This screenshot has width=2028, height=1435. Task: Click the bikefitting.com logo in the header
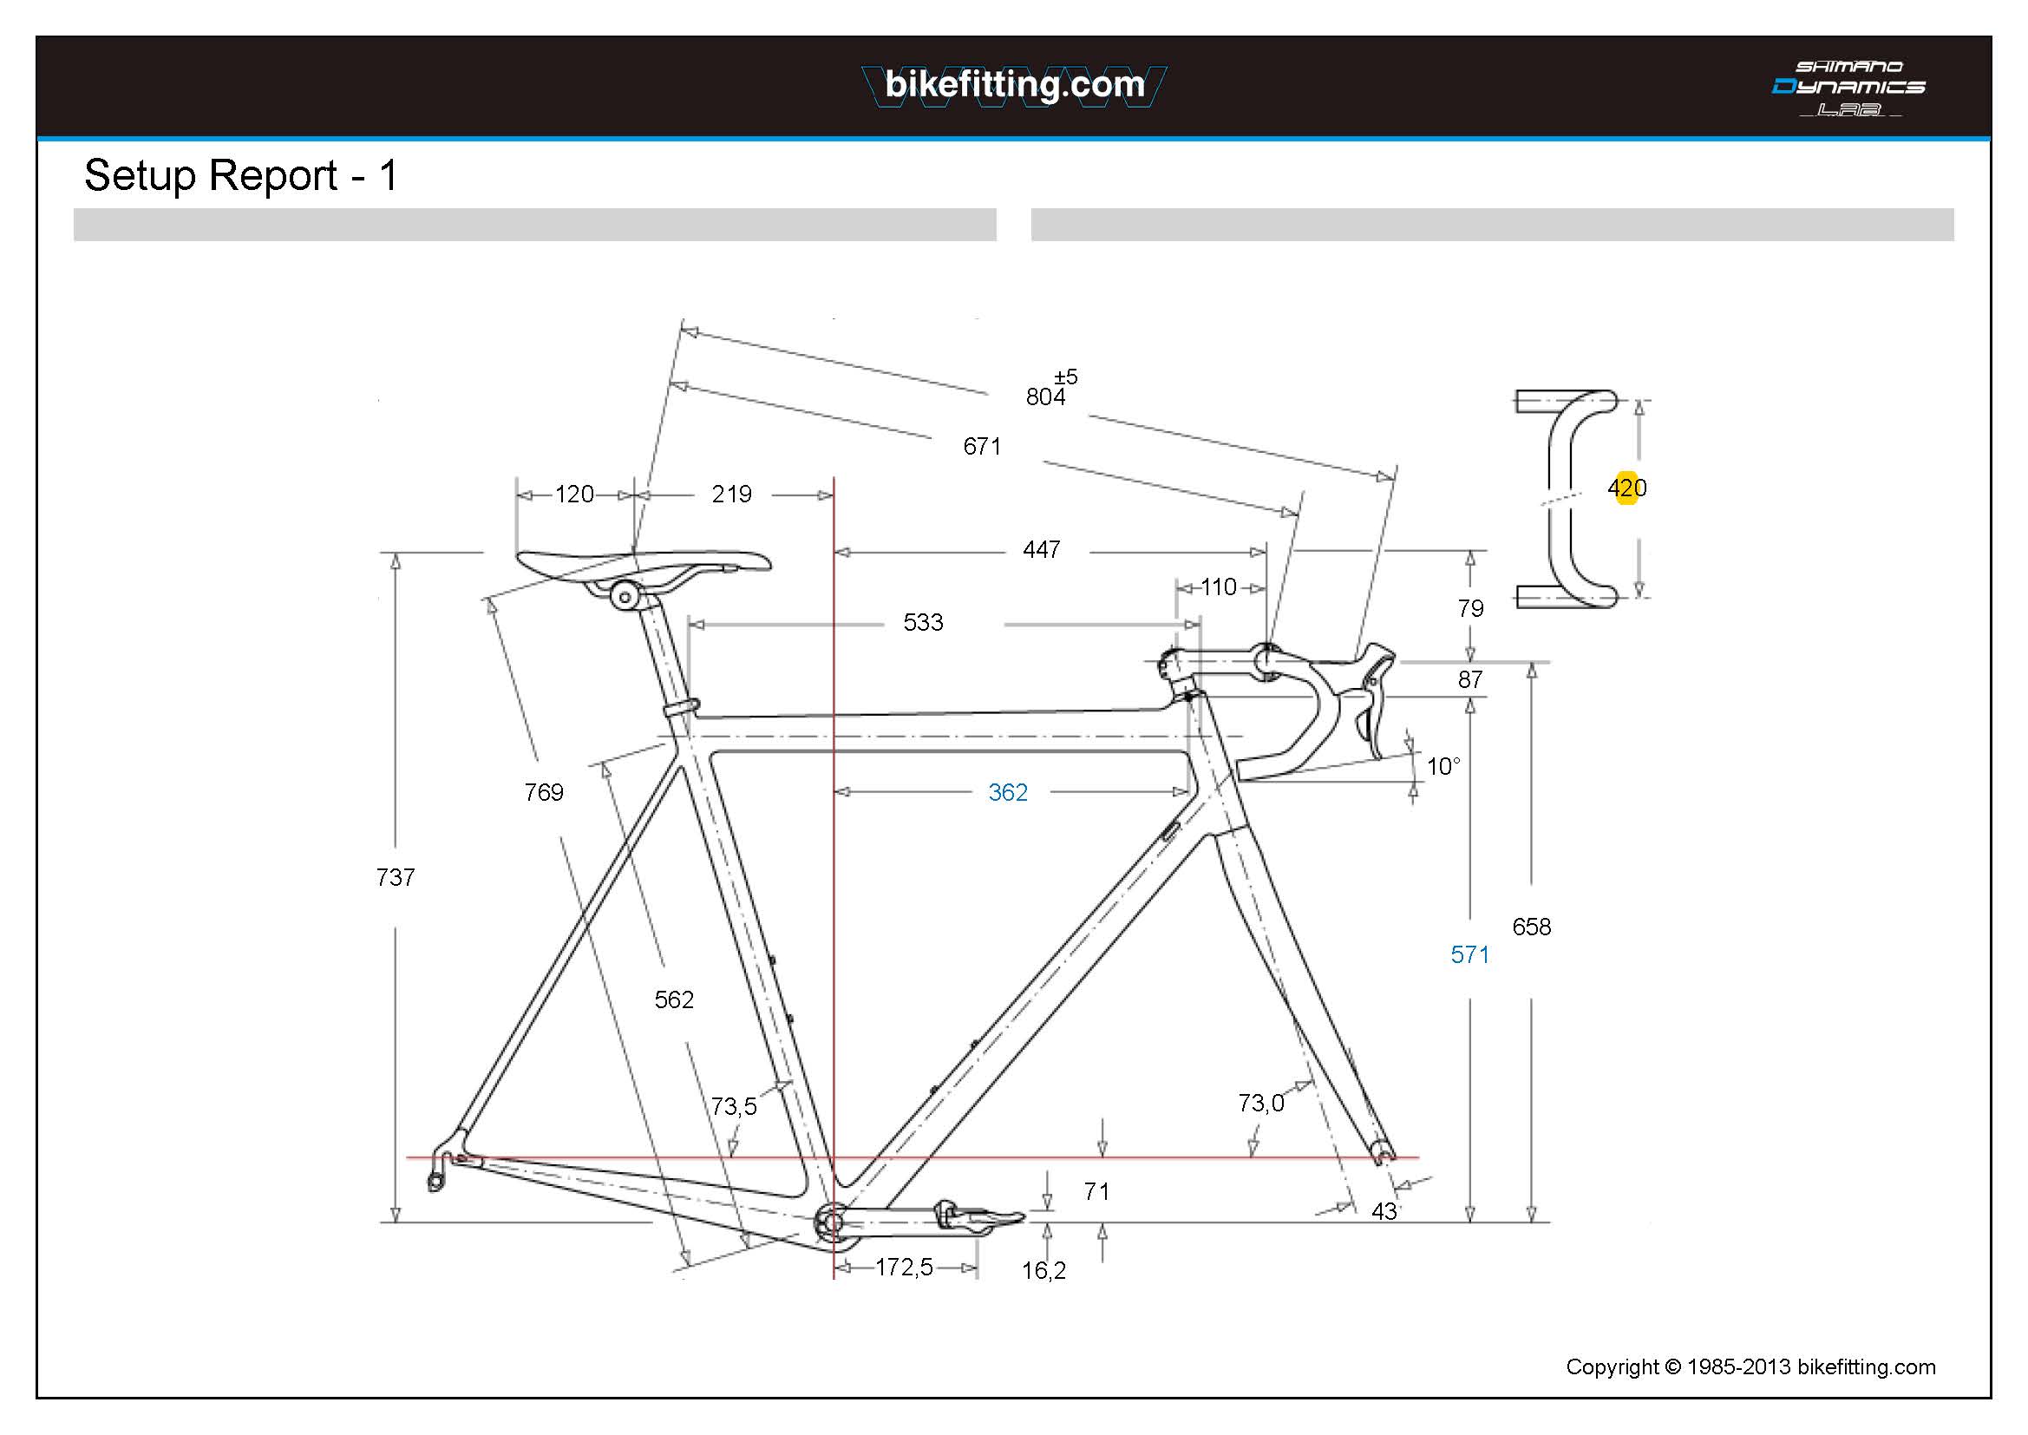pos(1014,85)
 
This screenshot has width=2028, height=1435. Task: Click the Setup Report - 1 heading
pos(240,175)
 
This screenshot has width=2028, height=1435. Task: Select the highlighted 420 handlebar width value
pos(1626,488)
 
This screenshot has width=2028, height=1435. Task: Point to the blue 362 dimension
pos(1008,792)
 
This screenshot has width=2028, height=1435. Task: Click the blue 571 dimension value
pos(1469,954)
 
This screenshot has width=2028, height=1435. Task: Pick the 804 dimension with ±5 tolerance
pos(1046,396)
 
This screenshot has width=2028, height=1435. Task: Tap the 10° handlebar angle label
pos(1443,766)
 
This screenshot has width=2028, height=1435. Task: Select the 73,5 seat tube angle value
pos(733,1106)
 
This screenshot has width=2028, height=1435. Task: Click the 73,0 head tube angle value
pos(1260,1103)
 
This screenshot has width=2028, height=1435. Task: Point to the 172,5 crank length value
pos(904,1267)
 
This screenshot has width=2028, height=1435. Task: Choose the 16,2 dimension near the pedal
pos(1044,1271)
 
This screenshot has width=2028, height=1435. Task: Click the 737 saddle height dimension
pos(395,877)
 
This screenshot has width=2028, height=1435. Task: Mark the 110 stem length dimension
pos(1218,586)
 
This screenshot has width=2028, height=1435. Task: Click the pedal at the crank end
pos(980,1219)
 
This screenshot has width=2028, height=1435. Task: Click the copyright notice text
pos(1750,1367)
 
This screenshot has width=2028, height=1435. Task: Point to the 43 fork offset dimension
pos(1384,1211)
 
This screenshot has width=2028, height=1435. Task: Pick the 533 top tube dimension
pos(923,622)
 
